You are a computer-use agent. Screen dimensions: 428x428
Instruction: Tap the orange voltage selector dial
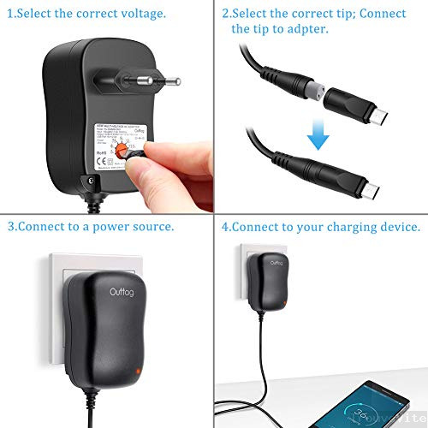pyautogui.click(x=127, y=150)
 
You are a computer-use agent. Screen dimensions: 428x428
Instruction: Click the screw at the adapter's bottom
pyautogui.click(x=86, y=181)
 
